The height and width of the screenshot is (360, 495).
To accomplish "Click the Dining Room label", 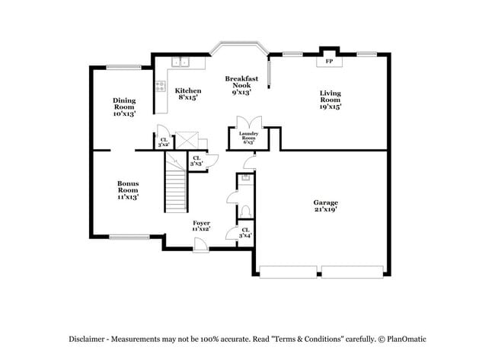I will [x=124, y=107].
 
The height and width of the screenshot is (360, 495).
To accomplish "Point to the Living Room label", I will [x=330, y=100].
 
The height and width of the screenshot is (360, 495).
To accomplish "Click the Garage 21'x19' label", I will [x=325, y=205].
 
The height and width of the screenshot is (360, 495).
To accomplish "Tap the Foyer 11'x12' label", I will [x=201, y=225].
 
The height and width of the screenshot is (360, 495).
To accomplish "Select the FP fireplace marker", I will [x=329, y=60].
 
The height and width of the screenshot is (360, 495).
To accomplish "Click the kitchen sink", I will [x=180, y=62].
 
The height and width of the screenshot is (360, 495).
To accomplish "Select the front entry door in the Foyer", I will [x=200, y=244].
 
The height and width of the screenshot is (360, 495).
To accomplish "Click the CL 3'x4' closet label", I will [x=244, y=233].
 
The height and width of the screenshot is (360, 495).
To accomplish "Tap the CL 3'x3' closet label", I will [x=196, y=161].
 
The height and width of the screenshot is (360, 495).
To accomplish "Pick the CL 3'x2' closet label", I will [x=163, y=142].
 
